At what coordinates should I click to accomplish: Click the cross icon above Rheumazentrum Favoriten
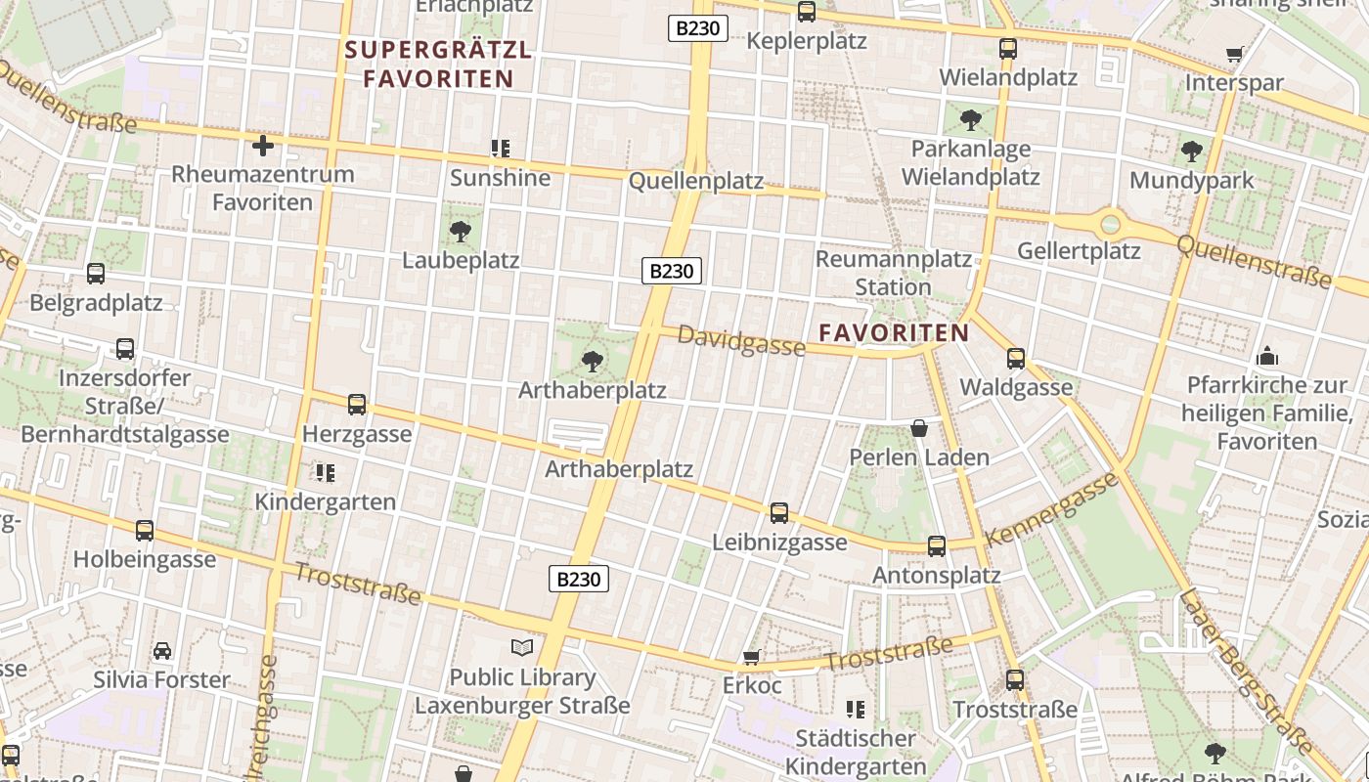[262, 147]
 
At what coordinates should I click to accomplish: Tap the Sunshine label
[500, 178]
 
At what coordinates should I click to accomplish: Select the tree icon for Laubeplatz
[461, 232]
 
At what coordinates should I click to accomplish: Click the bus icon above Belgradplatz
[96, 274]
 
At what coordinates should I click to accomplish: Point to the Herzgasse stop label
[357, 434]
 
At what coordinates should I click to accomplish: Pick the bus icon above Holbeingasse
[145, 531]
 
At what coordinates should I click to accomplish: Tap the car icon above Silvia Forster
[162, 651]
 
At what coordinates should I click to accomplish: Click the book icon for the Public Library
[523, 647]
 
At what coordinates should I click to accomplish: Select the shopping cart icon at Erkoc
[751, 657]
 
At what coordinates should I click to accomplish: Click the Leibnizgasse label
[779, 543]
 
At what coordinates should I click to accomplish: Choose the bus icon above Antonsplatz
[937, 546]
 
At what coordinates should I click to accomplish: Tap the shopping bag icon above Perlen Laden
[919, 428]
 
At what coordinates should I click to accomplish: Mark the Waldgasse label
[1016, 387]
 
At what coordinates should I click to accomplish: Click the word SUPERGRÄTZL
[438, 50]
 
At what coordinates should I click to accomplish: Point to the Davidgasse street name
[740, 341]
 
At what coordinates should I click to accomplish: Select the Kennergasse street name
[1051, 510]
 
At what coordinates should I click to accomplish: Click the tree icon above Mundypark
[1191, 152]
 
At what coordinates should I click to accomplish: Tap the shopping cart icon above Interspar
[1234, 55]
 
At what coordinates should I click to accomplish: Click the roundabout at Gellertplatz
[1110, 225]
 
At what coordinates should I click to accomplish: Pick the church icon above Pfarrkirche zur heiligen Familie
[1267, 356]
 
